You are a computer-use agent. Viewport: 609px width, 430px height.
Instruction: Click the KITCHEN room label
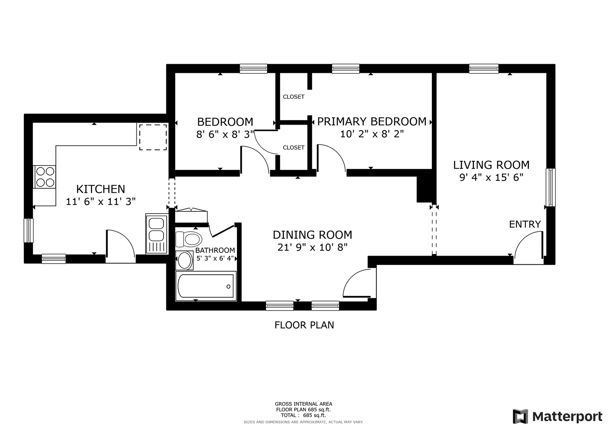pos(101,189)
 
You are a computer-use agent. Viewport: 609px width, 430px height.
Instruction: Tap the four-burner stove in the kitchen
pos(45,177)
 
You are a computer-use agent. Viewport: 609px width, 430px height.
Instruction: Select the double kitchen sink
pos(157,234)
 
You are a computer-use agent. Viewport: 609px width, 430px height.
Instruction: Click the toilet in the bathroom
pos(189,239)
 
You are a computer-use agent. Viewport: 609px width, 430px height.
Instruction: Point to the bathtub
pos(206,286)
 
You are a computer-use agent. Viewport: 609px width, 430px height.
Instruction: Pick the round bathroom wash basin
pos(184,260)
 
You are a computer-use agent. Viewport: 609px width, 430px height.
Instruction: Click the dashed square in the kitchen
pos(153,137)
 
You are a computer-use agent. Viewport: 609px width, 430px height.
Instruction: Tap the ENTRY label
pos(525,224)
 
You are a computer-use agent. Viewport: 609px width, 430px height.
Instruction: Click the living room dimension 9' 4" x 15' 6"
pos(491,178)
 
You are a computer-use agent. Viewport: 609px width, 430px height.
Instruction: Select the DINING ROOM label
pos(312,235)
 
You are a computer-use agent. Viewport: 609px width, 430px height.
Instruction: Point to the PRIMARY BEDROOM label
pos(372,121)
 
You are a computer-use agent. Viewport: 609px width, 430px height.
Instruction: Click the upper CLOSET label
pos(294,97)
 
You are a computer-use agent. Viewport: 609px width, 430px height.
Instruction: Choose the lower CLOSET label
pos(294,147)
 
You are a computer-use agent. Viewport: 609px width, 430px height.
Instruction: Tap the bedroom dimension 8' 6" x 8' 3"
pos(225,134)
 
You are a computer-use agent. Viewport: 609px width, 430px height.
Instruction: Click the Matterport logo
pos(558,416)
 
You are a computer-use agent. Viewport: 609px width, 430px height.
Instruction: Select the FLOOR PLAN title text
pos(304,325)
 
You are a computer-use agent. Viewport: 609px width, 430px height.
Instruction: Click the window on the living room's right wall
pos(550,187)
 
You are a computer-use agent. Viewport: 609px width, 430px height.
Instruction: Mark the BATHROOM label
pos(215,250)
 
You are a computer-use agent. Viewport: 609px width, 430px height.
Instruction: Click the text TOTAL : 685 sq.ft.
pos(304,415)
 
